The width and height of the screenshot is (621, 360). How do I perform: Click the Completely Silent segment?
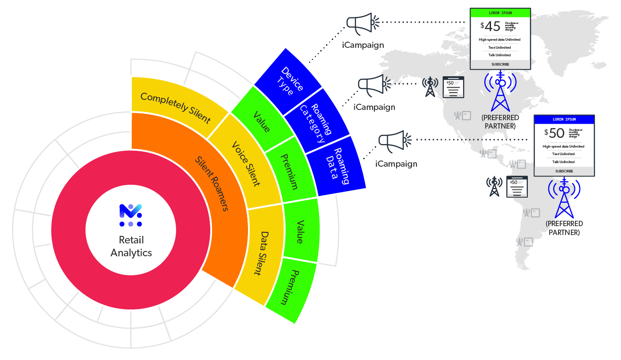pos(175,107)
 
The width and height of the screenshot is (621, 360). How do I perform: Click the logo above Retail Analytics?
pos(130,215)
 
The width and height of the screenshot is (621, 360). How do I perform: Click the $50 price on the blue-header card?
pos(556,133)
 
